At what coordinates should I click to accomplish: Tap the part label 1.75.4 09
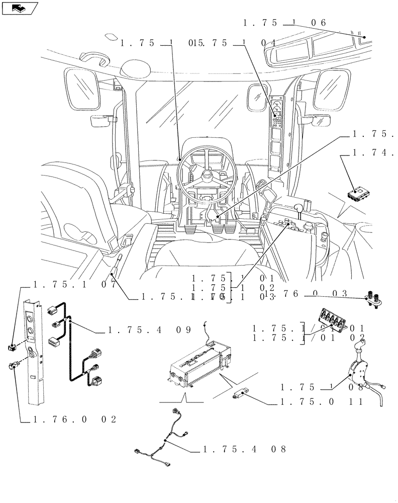point(149,331)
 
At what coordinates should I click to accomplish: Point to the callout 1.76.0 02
point(75,420)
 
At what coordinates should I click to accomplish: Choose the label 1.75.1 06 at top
point(285,23)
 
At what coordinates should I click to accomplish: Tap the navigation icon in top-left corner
point(20,8)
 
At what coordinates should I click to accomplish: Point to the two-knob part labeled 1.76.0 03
point(375,299)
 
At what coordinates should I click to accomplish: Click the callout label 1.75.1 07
point(75,284)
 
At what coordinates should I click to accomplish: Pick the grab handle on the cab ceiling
point(94,58)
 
